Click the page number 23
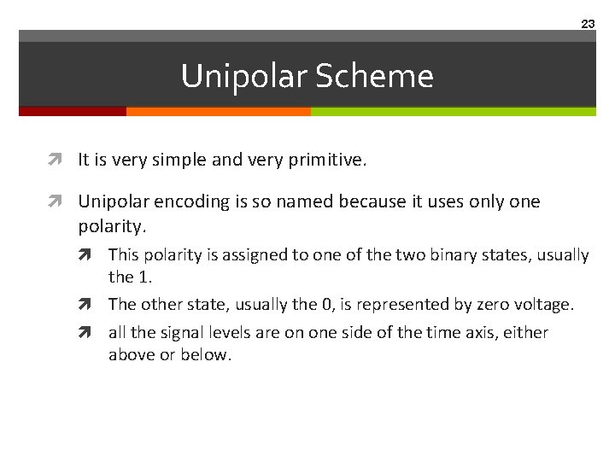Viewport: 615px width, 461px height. [588, 24]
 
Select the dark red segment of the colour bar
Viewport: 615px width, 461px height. [73, 111]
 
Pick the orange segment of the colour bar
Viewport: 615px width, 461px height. [218, 111]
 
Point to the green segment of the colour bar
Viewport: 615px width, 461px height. [453, 111]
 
